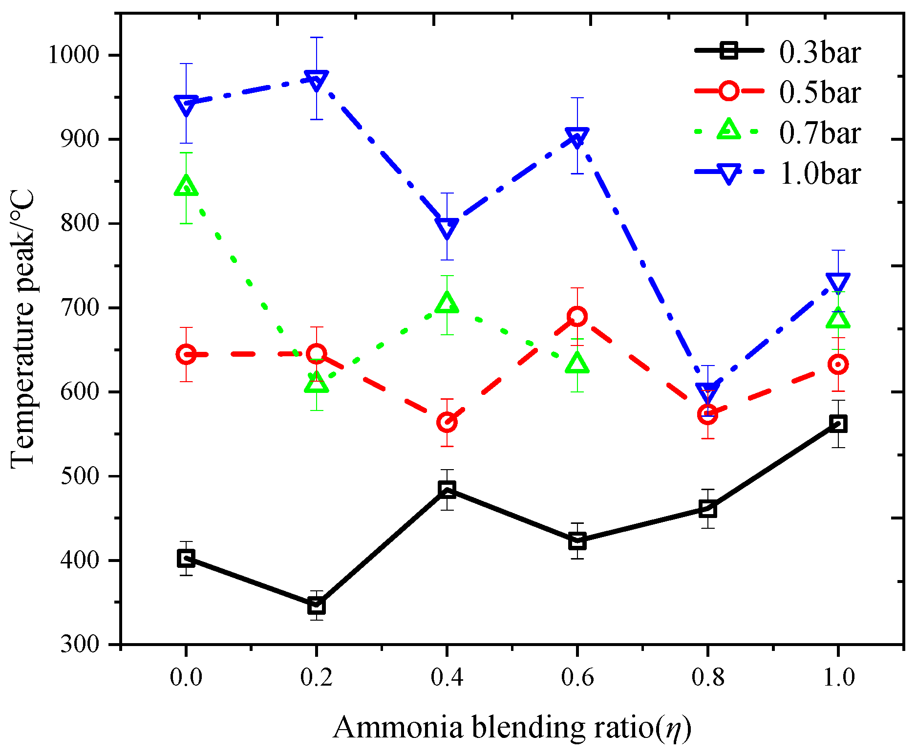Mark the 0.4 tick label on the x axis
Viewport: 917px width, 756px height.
[447, 677]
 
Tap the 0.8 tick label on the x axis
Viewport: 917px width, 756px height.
[708, 677]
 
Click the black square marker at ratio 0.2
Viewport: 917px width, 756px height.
[317, 606]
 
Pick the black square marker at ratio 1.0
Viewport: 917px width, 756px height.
[838, 424]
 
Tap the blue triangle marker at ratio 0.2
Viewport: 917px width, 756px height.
[317, 80]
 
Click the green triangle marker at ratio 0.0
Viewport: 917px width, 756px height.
[186, 185]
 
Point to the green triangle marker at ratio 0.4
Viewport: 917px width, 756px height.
[447, 302]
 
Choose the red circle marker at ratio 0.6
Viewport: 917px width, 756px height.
[577, 317]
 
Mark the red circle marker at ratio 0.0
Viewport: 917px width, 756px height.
[186, 354]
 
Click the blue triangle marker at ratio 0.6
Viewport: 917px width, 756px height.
[577, 138]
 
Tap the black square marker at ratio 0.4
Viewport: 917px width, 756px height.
[447, 489]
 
